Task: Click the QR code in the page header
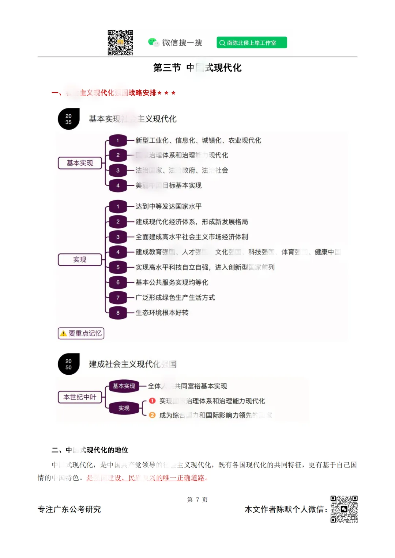(120, 43)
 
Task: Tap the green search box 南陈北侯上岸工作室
(252, 43)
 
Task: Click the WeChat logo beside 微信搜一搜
(153, 42)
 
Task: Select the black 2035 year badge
(69, 119)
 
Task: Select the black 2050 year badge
(69, 364)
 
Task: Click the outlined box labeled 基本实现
(80, 163)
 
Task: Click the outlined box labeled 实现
(80, 260)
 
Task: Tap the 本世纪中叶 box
(80, 397)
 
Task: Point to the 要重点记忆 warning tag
(81, 333)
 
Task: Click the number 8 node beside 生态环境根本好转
(118, 313)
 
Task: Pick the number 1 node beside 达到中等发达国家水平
(118, 207)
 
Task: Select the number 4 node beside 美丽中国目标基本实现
(118, 186)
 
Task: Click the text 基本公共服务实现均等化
(172, 283)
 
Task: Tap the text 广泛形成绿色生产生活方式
(175, 298)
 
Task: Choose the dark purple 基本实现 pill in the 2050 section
(124, 386)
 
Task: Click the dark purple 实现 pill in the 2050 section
(124, 408)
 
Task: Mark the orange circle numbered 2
(153, 415)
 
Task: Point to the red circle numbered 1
(153, 401)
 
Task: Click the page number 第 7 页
(197, 500)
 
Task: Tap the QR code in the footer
(344, 509)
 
